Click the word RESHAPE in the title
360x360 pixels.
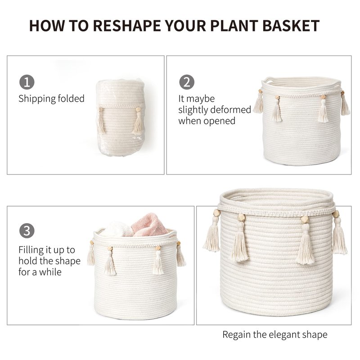(x=127, y=26)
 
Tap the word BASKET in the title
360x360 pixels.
(x=291, y=26)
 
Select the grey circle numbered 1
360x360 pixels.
(x=27, y=82)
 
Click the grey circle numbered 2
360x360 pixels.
(x=187, y=82)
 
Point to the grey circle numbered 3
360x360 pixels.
(x=27, y=230)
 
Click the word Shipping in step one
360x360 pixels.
(x=37, y=99)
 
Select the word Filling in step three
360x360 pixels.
(x=31, y=250)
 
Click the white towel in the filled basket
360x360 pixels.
(x=116, y=229)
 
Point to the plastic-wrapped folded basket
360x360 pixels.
(x=121, y=117)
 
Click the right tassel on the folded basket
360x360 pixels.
(x=138, y=121)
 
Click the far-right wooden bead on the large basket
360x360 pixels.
(x=336, y=214)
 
